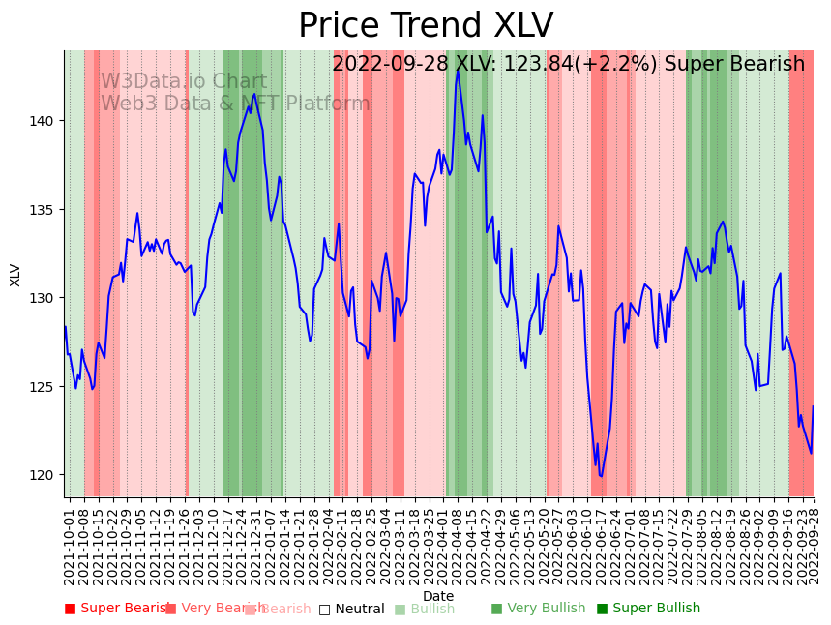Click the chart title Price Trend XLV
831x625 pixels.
tap(426, 26)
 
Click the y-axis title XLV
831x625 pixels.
tap(15, 274)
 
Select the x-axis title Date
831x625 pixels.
tap(438, 596)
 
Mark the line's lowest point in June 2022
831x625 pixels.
tap(601, 476)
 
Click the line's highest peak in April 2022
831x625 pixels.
tap(458, 70)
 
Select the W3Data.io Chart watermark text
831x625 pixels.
tap(184, 82)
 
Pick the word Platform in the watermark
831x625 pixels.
tap(328, 104)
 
